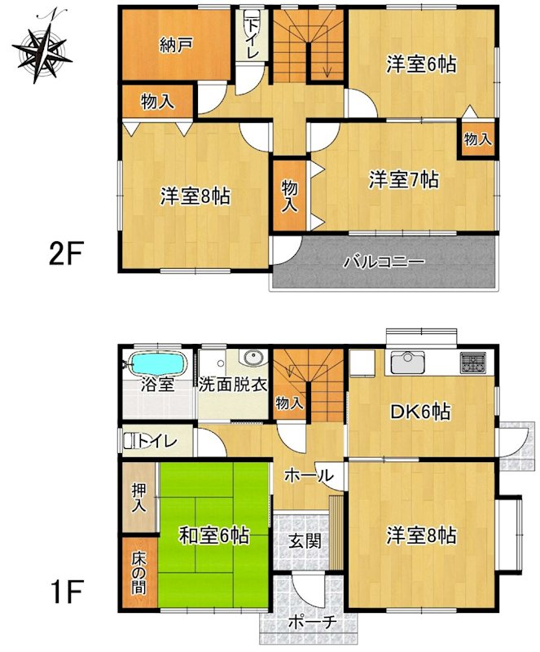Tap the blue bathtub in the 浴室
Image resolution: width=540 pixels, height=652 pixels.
coord(157,363)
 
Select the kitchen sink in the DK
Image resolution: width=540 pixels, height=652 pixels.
coord(408,363)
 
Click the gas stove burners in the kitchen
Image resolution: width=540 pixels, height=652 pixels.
coord(473,362)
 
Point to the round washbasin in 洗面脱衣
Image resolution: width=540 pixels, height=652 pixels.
coord(253,359)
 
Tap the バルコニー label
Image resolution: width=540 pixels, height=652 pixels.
coord(384,262)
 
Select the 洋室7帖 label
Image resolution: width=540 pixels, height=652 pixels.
coord(403,180)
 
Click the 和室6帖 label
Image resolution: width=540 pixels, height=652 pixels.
coord(213,535)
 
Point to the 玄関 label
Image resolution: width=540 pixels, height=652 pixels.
coord(306,541)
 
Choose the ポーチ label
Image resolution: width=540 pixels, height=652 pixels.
coord(312,623)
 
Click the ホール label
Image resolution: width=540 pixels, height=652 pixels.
coord(309,476)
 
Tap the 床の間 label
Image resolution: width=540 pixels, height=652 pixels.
coord(139,573)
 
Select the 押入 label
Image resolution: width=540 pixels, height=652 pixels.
coord(138,498)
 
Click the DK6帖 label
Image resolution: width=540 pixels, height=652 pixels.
coord(419,412)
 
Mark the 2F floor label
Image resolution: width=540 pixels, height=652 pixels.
coord(64,254)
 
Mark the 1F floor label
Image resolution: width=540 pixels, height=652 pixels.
coord(65,593)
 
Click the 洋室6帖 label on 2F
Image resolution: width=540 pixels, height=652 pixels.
coord(421,65)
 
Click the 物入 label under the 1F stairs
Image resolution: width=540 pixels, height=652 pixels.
coord(289,403)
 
